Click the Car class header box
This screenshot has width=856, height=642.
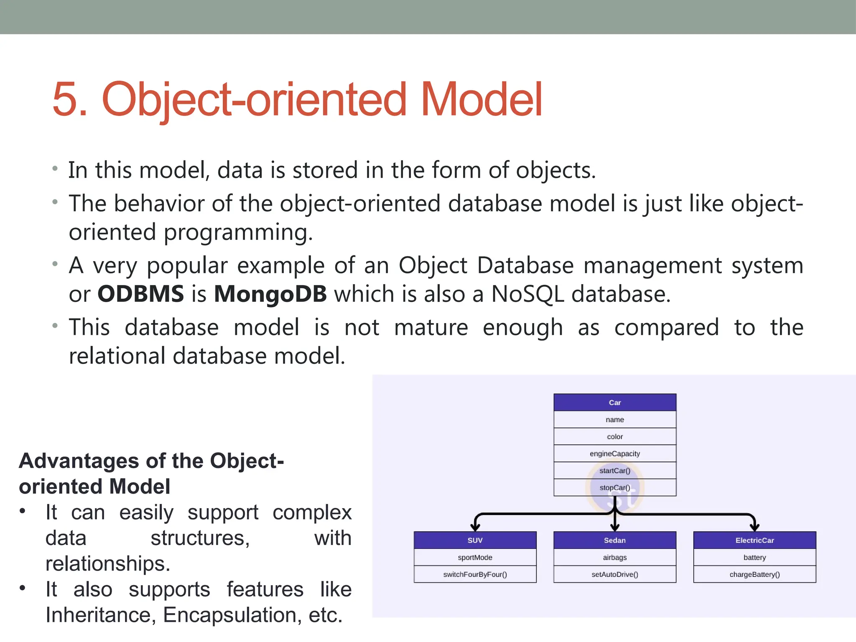pyautogui.click(x=614, y=403)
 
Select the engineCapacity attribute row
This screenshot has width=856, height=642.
pyautogui.click(x=614, y=453)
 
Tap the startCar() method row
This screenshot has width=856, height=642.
pyautogui.click(x=614, y=471)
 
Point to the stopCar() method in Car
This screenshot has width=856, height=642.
pyautogui.click(x=614, y=487)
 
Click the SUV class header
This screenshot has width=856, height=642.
pyautogui.click(x=475, y=540)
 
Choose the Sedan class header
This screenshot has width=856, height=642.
pyautogui.click(x=614, y=540)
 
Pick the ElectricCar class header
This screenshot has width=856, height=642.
pyautogui.click(x=754, y=540)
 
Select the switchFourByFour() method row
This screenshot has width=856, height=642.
pyautogui.click(x=475, y=574)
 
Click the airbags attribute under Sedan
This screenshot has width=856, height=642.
pyautogui.click(x=614, y=558)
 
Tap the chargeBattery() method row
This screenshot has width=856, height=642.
pyautogui.click(x=754, y=574)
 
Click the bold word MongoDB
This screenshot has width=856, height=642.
pyautogui.click(x=270, y=294)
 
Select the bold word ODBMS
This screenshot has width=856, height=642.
pyautogui.click(x=140, y=294)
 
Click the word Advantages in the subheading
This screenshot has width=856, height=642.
pyautogui.click(x=79, y=461)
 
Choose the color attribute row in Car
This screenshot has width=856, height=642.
pyautogui.click(x=614, y=437)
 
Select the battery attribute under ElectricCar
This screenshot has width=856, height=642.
pyautogui.click(x=754, y=558)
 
